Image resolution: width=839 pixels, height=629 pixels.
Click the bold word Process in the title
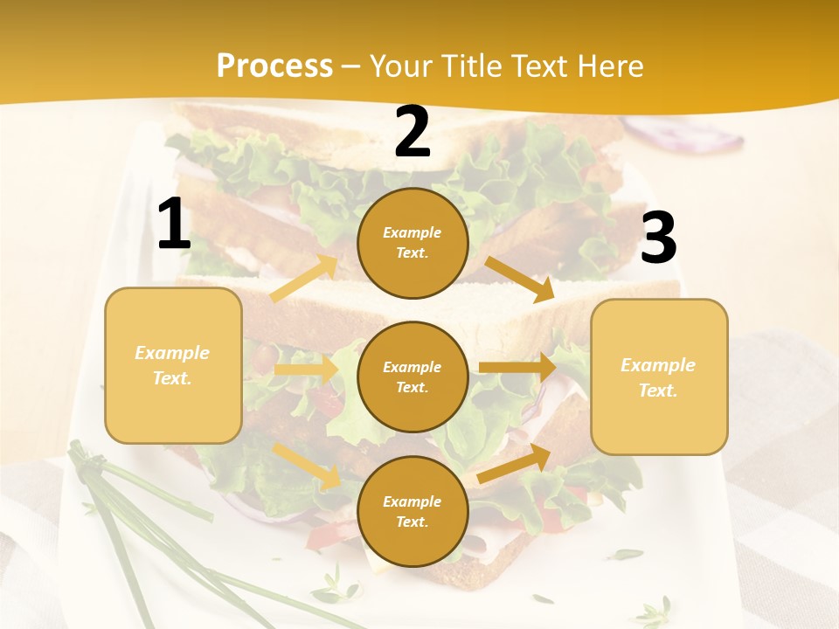pyautogui.click(x=274, y=66)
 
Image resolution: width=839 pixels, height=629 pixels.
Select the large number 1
pyautogui.click(x=174, y=225)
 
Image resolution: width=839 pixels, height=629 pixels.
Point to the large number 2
pyautogui.click(x=413, y=133)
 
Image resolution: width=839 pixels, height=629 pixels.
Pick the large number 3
pyautogui.click(x=658, y=238)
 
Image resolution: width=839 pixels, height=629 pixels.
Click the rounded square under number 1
pyautogui.click(x=173, y=365)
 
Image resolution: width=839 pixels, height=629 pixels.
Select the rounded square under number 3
pyautogui.click(x=659, y=377)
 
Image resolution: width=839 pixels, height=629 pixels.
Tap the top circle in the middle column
pyautogui.click(x=413, y=243)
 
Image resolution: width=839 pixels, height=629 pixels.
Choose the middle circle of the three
pyautogui.click(x=413, y=377)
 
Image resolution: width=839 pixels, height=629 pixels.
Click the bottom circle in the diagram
pyautogui.click(x=413, y=511)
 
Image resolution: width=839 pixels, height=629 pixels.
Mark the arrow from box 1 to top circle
pyautogui.click(x=304, y=278)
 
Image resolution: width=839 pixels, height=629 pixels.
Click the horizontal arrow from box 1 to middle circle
pyautogui.click(x=305, y=370)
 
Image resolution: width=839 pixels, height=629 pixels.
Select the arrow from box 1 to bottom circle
pyautogui.click(x=307, y=465)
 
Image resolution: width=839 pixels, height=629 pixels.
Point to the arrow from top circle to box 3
pyautogui.click(x=520, y=279)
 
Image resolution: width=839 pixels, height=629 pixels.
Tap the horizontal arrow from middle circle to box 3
pyautogui.click(x=517, y=367)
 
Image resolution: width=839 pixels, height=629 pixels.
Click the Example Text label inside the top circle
pyautogui.click(x=413, y=243)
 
